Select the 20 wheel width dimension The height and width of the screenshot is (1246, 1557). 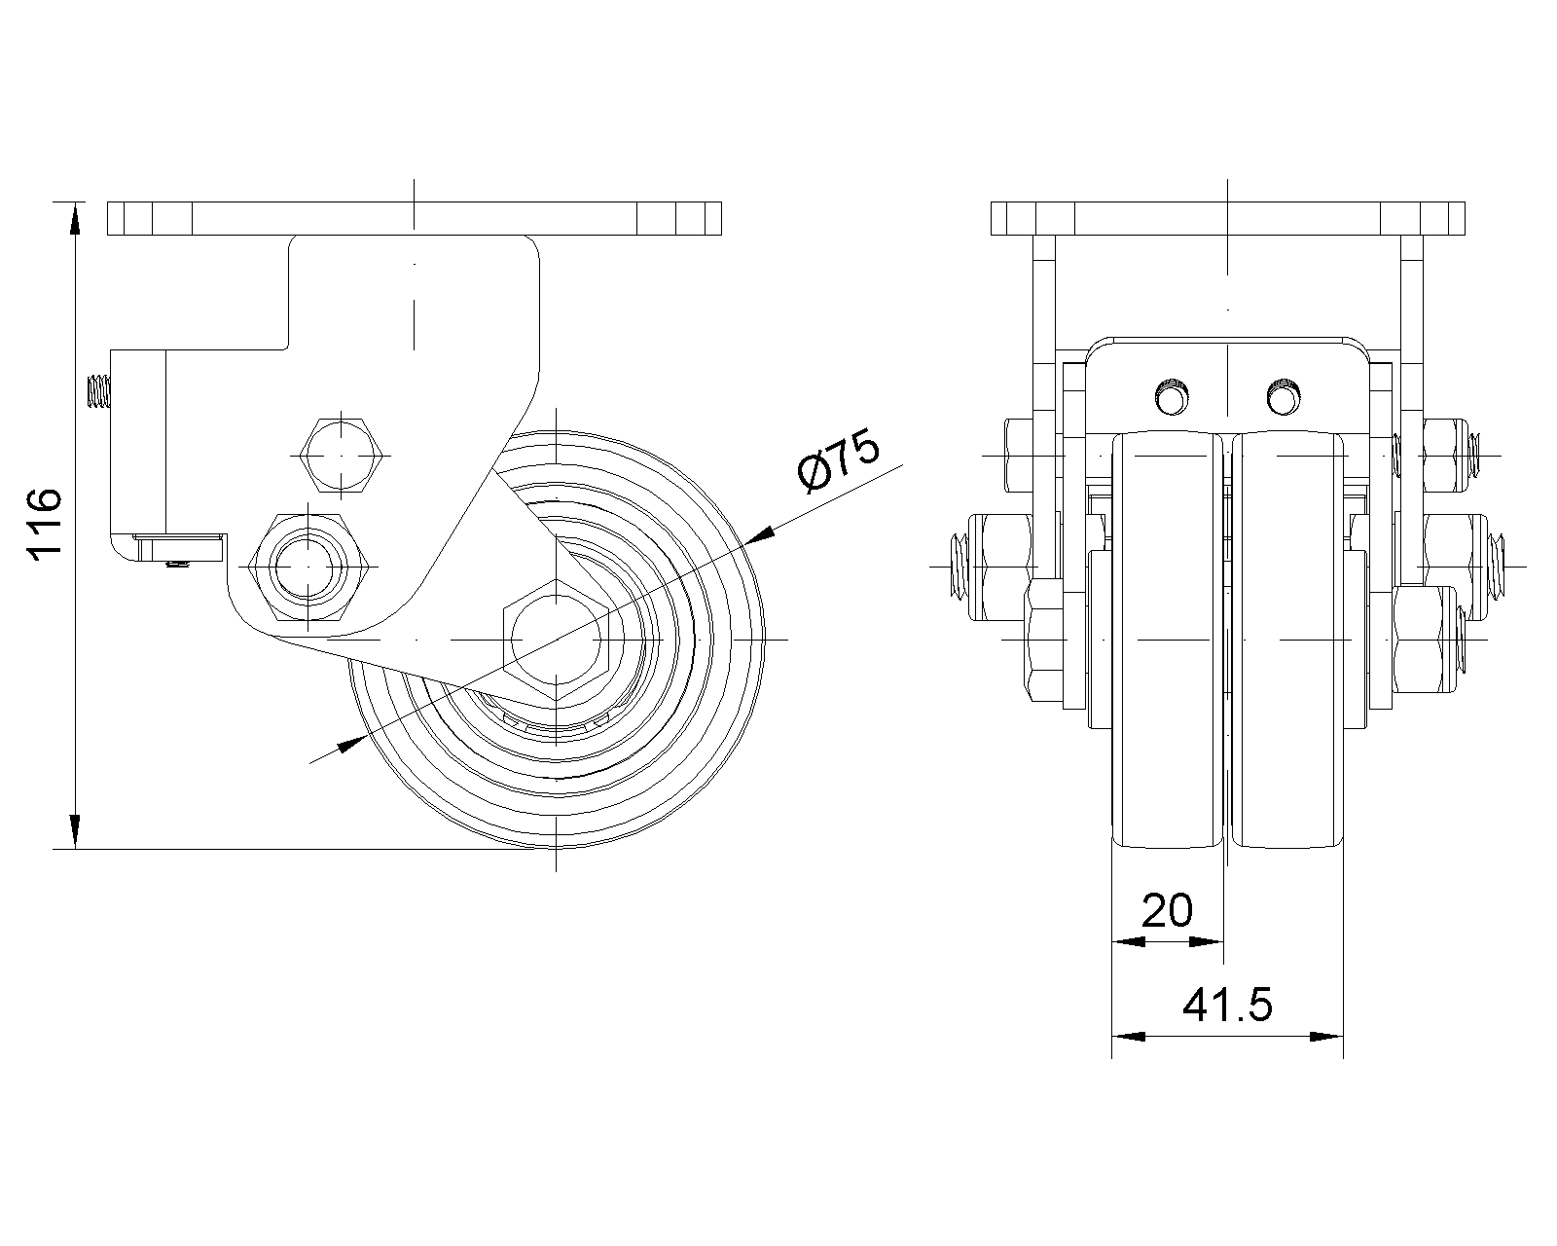(1167, 911)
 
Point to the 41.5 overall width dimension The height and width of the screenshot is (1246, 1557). (1227, 1005)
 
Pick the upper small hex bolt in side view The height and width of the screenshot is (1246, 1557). (340, 456)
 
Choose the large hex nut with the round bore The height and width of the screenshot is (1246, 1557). (308, 567)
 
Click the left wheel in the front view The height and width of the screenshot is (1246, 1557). (1167, 642)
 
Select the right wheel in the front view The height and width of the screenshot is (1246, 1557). (1288, 642)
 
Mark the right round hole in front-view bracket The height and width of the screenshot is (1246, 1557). (1284, 396)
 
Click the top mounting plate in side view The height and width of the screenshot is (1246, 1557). (414, 218)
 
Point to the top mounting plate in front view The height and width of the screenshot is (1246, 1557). (1227, 218)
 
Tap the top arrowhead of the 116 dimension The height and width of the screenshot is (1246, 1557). (74, 216)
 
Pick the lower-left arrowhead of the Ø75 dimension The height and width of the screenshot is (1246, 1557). (348, 745)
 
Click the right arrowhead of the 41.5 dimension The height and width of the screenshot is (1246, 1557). (1329, 1037)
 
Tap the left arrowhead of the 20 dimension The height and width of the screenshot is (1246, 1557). (1126, 941)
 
